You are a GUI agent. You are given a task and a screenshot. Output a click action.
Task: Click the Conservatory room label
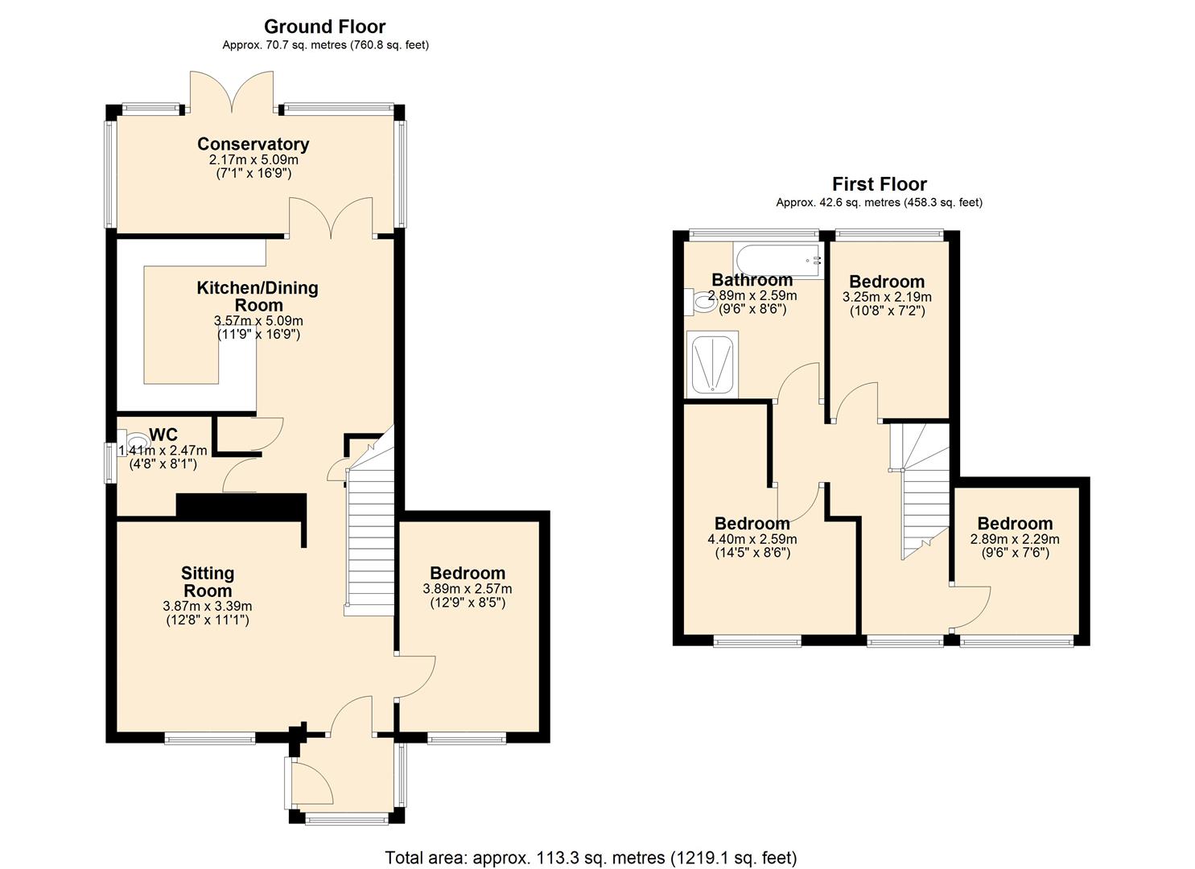point(253,144)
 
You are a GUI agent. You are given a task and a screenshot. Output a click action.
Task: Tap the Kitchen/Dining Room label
point(258,296)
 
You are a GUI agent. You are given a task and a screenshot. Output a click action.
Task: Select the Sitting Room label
point(208,582)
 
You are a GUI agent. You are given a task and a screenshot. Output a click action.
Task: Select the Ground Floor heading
point(324,27)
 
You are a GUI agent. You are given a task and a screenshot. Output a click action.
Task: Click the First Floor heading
point(879,184)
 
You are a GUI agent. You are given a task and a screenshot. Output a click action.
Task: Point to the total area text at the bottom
point(591,858)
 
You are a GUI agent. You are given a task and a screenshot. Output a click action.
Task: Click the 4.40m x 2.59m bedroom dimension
point(752,539)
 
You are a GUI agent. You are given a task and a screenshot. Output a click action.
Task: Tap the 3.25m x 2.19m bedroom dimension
point(887,297)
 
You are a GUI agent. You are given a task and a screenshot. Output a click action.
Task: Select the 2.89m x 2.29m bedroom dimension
point(1015,539)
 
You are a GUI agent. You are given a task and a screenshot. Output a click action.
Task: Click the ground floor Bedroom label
point(468,573)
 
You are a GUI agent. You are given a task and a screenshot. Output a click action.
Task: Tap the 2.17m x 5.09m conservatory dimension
point(253,160)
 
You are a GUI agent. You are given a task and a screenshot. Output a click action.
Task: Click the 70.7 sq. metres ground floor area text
point(325,45)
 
